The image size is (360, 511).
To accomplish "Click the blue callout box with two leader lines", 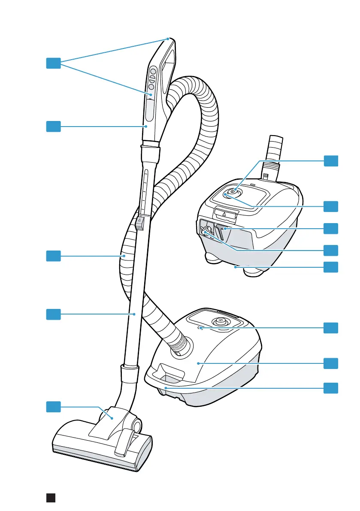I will click(x=54, y=63).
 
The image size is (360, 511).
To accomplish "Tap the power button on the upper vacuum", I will click(x=232, y=193).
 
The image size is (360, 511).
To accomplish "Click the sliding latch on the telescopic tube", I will click(x=139, y=223).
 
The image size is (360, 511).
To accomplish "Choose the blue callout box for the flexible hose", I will click(x=54, y=256).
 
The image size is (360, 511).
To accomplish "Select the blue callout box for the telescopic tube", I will click(x=54, y=314).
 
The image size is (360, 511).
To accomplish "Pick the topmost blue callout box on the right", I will click(x=330, y=161).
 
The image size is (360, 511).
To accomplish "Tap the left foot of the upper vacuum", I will click(x=212, y=258).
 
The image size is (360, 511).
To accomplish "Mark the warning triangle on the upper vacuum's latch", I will click(x=224, y=213).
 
